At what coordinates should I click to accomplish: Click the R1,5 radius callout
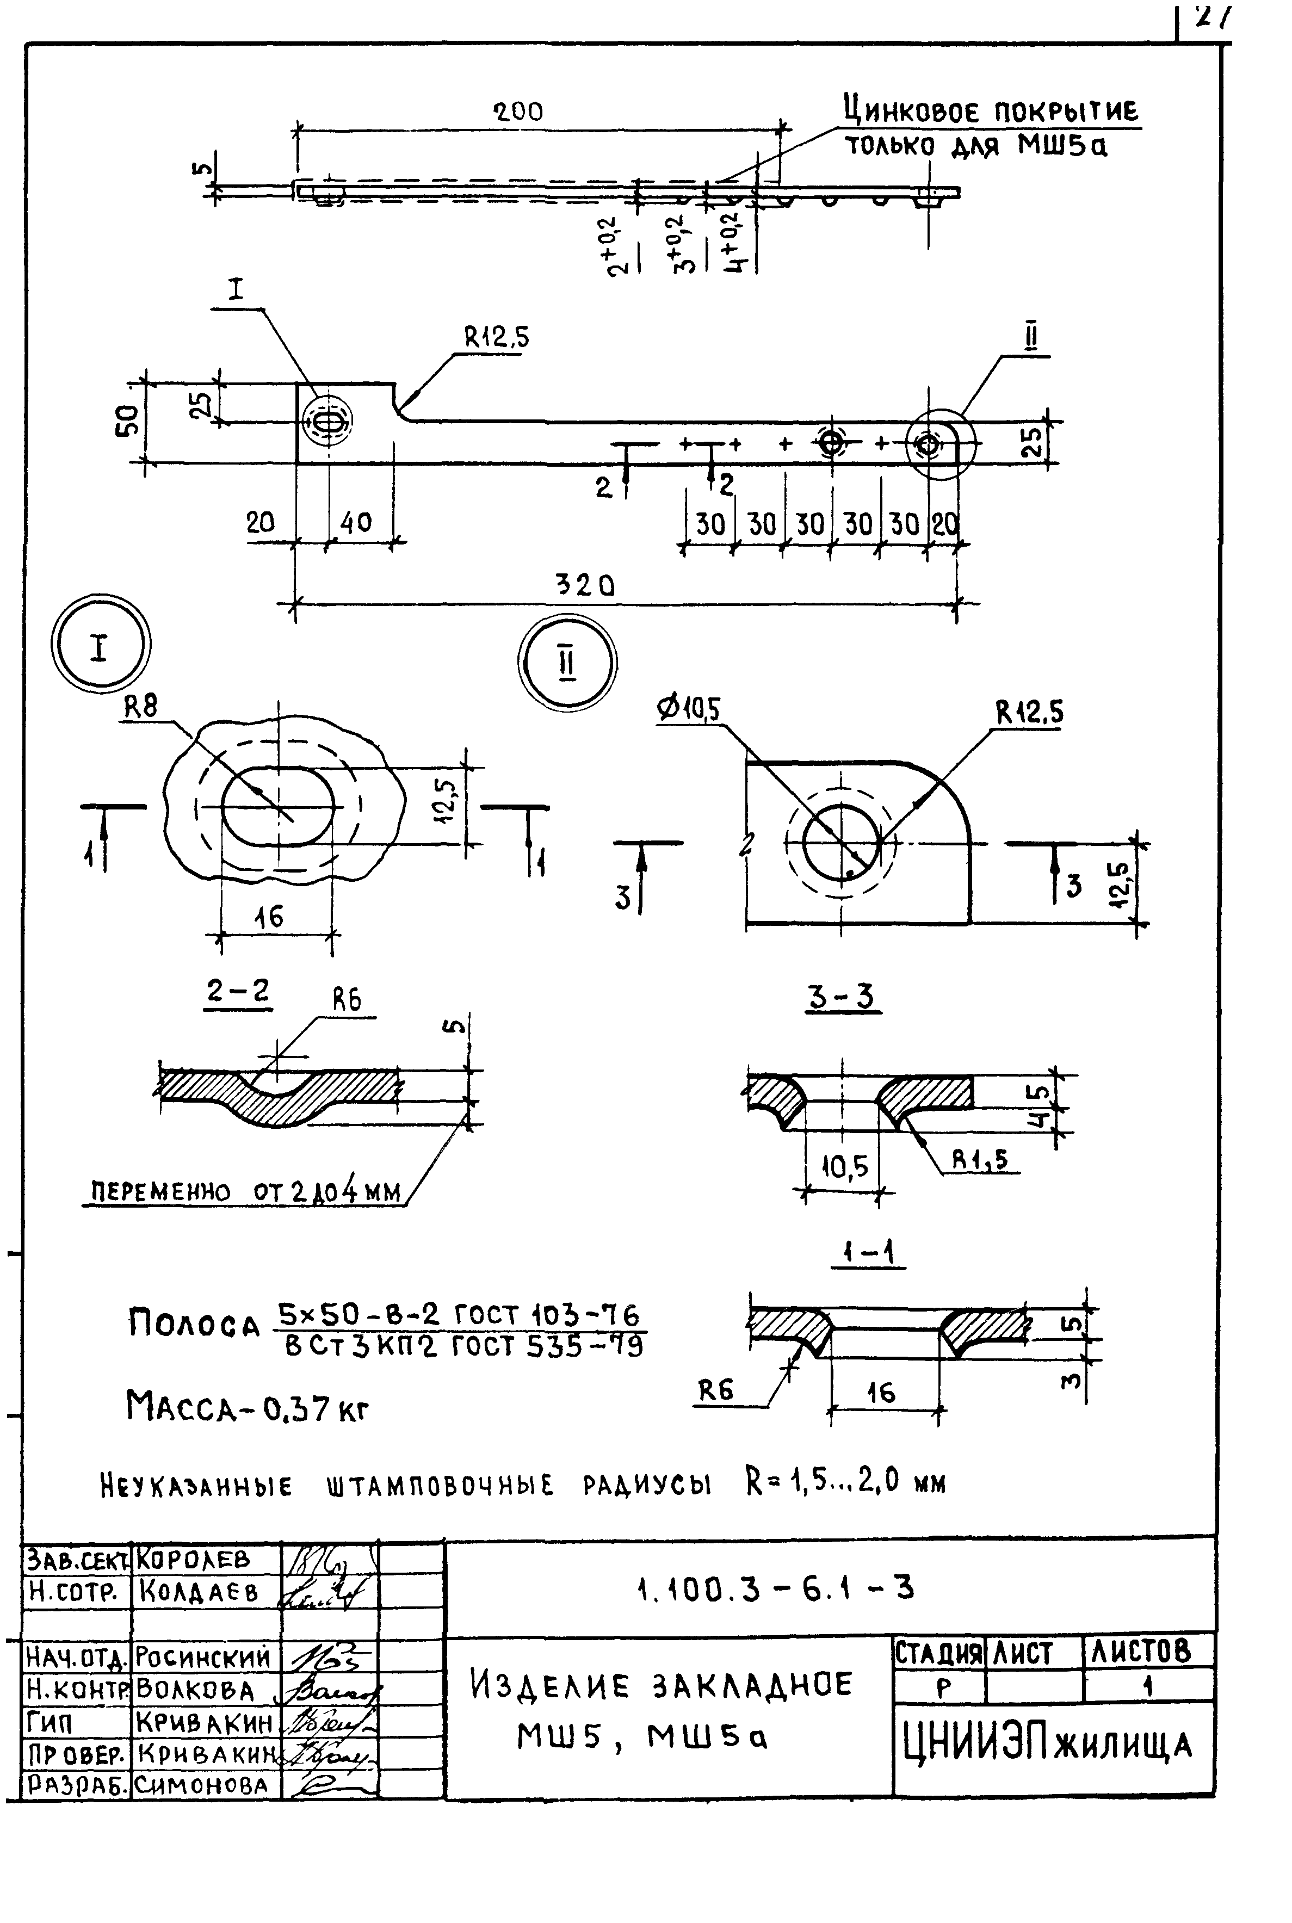(980, 1160)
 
